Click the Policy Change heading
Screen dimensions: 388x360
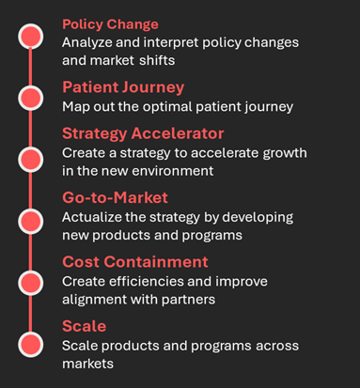click(x=110, y=23)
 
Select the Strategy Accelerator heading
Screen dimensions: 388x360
click(x=144, y=132)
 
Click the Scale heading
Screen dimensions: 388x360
click(x=84, y=326)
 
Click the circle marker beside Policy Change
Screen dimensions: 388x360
click(x=32, y=37)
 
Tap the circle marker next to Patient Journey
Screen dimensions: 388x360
click(x=32, y=97)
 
